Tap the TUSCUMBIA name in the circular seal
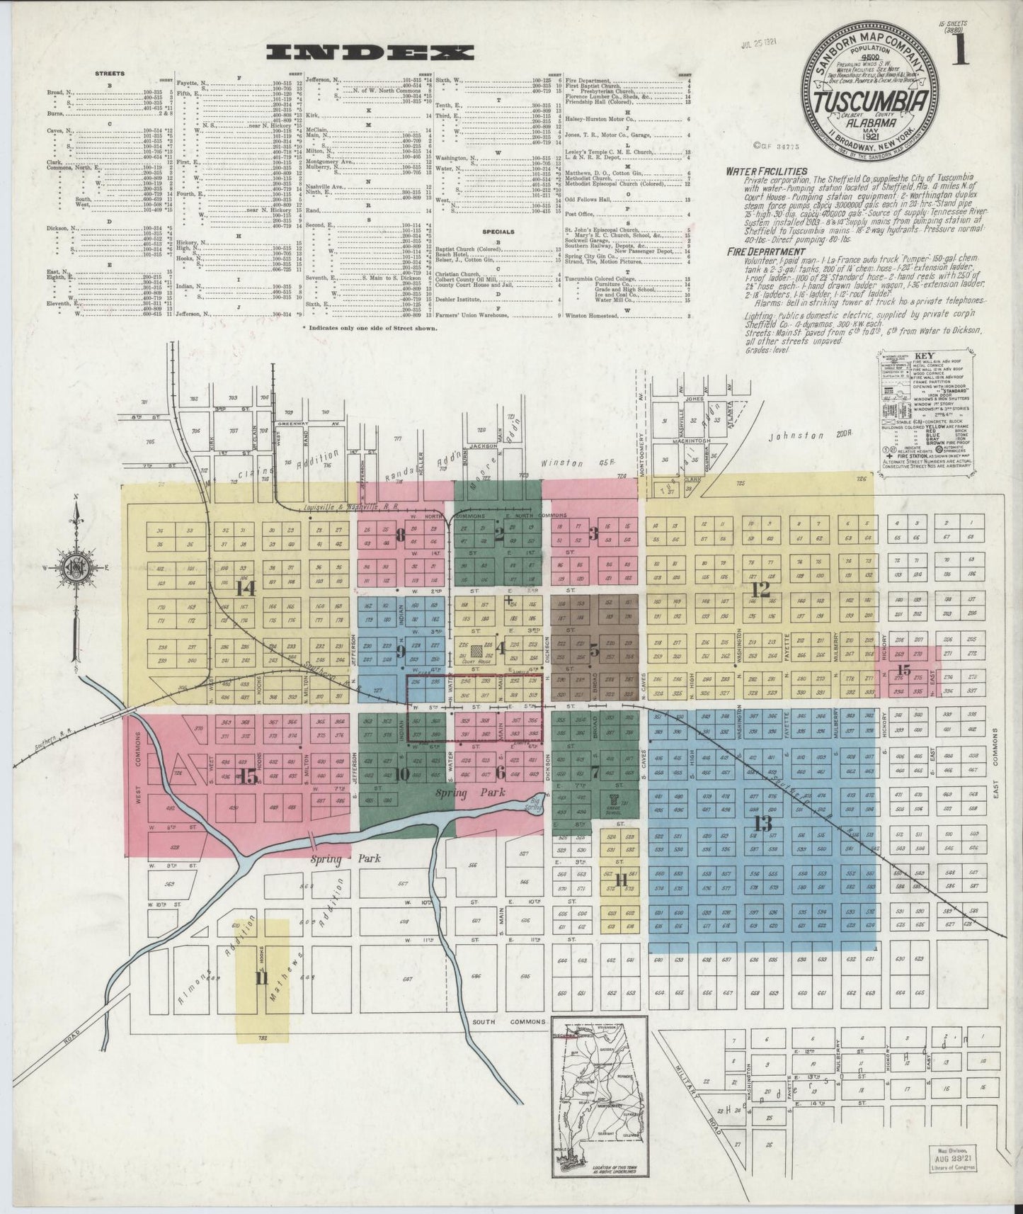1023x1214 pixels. [871, 101]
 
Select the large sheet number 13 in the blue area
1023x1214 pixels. [762, 824]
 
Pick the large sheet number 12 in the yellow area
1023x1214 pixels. [760, 588]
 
